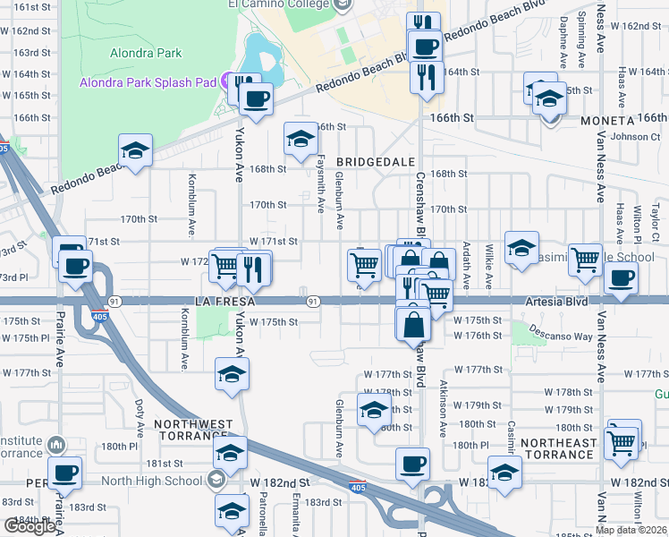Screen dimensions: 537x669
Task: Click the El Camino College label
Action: click(278, 4)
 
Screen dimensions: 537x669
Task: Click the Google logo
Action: click(30, 526)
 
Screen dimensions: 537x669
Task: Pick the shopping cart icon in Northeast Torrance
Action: click(622, 441)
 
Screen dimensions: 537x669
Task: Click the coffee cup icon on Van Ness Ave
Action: click(620, 277)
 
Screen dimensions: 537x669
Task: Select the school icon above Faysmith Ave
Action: click(301, 139)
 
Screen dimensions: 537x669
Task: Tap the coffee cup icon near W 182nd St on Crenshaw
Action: click(412, 464)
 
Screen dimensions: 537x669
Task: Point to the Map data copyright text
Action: click(631, 530)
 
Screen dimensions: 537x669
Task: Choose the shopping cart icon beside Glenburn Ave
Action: click(363, 264)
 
